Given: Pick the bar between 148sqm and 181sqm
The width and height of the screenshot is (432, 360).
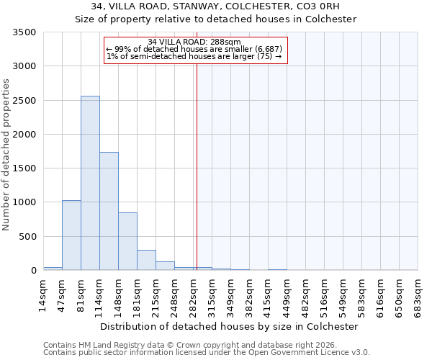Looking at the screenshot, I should click(x=127, y=241).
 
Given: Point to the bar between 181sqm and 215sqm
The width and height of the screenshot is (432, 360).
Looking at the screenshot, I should click(x=146, y=260).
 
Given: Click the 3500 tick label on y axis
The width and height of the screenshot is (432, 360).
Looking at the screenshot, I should click(x=24, y=32).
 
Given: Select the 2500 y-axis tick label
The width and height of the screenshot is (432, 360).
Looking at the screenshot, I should click(x=24, y=101).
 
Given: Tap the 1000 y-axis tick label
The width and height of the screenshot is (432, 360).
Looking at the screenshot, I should click(x=24, y=202).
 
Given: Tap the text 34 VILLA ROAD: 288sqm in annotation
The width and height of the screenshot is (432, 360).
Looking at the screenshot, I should click(x=194, y=42).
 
